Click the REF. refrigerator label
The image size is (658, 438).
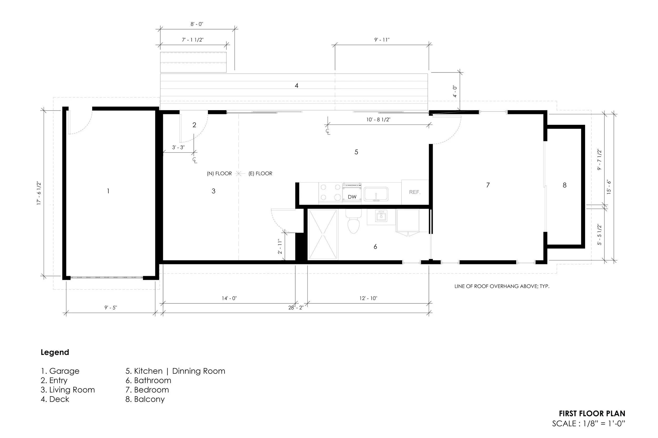(415, 192)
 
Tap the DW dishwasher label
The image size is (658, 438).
(352, 197)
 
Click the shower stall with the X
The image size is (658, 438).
(323, 235)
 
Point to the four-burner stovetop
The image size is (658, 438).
(330, 193)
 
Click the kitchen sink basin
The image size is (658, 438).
(376, 194)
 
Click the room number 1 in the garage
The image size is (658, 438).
(108, 191)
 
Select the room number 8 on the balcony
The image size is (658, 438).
(565, 185)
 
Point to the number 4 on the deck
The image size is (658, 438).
(297, 85)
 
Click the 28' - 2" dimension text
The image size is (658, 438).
(296, 308)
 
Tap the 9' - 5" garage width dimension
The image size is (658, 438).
(111, 308)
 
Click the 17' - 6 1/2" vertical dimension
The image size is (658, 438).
(39, 193)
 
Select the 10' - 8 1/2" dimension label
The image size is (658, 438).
(378, 120)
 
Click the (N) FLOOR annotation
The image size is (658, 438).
(219, 173)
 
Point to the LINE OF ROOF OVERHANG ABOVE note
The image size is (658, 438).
(502, 286)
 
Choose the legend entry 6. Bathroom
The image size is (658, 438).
(148, 380)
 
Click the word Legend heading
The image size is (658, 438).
(55, 352)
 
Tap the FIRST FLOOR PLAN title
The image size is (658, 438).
(592, 413)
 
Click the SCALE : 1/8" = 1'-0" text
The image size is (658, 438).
(589, 424)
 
